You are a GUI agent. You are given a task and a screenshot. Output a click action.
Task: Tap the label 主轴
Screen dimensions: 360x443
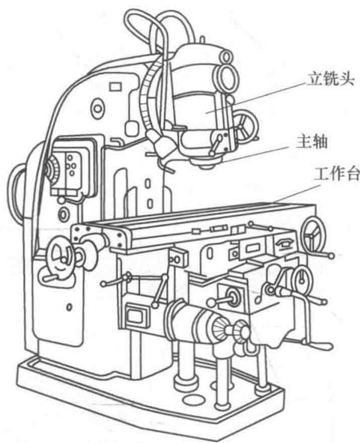[312, 142]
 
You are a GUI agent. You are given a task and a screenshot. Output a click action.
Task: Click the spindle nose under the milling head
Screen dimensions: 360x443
[206, 163]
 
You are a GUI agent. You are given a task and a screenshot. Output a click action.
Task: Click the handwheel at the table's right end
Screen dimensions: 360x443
[313, 235]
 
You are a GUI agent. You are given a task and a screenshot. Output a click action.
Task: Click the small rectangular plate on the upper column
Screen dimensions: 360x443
[116, 87]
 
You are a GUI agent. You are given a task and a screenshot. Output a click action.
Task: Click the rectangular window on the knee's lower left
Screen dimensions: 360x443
[138, 314]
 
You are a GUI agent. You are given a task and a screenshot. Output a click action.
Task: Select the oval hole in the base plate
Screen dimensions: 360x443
[194, 399]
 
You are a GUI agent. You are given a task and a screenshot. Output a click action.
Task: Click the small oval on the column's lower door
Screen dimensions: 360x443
[69, 307]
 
